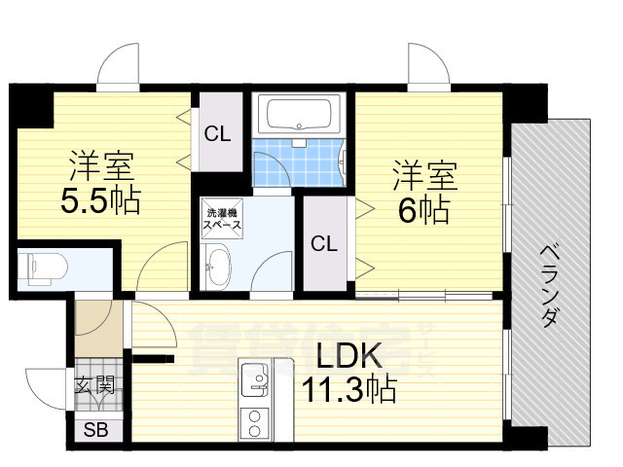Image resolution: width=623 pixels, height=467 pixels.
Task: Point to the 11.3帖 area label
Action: [348, 390]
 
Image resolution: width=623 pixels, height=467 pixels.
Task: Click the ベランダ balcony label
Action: [551, 286]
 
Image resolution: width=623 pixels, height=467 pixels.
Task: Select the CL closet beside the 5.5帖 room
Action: [217, 134]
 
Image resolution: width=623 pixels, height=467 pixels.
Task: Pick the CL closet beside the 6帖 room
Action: [323, 244]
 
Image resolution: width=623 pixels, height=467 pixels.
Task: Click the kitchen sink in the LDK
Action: [257, 378]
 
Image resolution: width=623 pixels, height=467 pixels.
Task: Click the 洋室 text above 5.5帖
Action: [99, 164]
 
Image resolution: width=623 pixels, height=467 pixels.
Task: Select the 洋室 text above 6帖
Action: [425, 177]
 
